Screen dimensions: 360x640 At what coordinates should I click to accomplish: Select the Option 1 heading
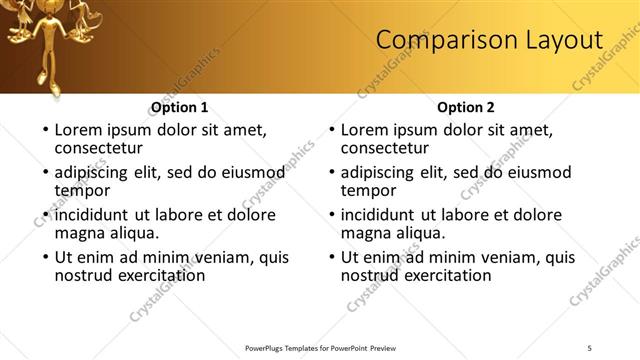(180, 108)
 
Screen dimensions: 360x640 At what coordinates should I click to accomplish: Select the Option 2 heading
(466, 108)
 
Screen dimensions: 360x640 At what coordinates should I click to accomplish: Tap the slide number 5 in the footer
(590, 347)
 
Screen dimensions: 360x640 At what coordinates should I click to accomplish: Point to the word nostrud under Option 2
(371, 275)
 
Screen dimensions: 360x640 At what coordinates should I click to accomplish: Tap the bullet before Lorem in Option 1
(44, 131)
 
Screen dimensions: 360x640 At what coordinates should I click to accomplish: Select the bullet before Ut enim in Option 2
(330, 258)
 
